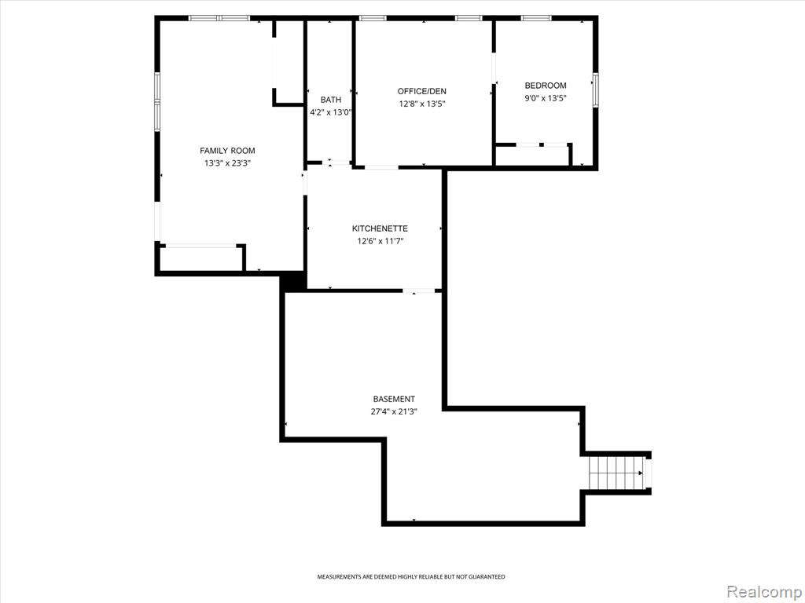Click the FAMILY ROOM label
227,151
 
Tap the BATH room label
331,100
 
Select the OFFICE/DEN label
422,91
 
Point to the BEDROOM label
546,86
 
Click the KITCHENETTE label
380,228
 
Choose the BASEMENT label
394,399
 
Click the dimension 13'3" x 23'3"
227,163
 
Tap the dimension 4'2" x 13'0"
331,112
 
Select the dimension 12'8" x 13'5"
422,104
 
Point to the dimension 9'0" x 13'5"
546,98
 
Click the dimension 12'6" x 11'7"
380,242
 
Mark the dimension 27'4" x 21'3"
394,411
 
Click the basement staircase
616,473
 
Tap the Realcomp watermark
763,592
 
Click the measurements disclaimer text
410,577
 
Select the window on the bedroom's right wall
596,90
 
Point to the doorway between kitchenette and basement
418,291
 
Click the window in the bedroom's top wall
536,19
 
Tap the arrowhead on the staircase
640,473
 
